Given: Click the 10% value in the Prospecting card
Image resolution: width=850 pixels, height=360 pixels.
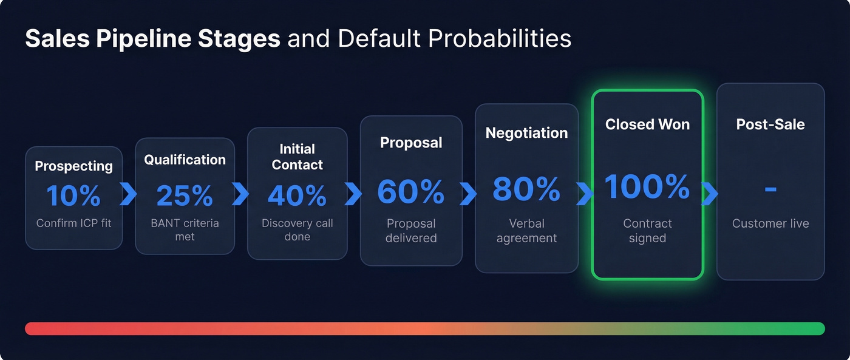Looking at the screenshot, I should [73, 195].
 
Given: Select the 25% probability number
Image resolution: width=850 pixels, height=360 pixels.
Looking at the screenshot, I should [185, 195].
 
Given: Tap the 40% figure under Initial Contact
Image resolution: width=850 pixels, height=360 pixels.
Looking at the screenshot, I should [297, 195].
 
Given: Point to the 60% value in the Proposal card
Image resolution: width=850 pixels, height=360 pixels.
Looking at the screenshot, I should [410, 191].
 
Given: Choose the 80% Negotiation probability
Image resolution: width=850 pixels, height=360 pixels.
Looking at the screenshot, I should [526, 189].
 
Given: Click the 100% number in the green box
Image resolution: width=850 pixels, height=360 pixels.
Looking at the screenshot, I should [647, 186].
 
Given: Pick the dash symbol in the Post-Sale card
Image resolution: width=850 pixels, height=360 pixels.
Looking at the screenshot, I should [770, 189].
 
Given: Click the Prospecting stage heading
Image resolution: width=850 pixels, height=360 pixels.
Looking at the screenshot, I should [73, 166].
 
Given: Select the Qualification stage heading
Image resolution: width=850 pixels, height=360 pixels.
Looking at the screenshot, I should [185, 160].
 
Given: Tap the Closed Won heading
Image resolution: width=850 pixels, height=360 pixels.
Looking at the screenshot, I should [647, 124].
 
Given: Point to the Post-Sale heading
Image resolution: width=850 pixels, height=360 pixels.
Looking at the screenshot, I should [770, 124].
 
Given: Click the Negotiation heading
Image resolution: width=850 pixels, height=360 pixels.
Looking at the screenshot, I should [526, 133].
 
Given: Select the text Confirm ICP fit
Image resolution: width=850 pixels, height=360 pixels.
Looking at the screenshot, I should [73, 223].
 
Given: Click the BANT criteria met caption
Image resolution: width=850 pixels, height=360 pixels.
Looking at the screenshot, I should [185, 229].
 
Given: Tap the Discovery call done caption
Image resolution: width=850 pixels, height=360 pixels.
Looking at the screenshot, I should [297, 229].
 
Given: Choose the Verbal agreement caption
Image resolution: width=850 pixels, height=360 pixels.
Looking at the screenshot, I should [526, 231].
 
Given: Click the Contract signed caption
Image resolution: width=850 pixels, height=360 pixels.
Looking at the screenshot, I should [647, 231].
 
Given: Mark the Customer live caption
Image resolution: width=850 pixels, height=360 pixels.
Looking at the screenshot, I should [770, 223].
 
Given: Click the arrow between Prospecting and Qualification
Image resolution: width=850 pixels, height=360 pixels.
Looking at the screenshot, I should [129, 194].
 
